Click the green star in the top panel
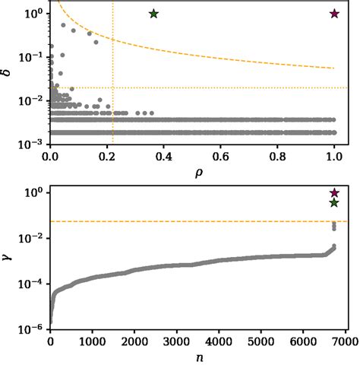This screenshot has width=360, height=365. [154, 14]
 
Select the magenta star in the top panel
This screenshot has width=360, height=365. [334, 14]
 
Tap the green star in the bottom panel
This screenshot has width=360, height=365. [334, 203]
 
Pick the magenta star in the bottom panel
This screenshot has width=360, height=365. [334, 193]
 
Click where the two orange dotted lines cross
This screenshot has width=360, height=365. [113, 88]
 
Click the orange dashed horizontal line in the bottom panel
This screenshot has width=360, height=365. [190, 221]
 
